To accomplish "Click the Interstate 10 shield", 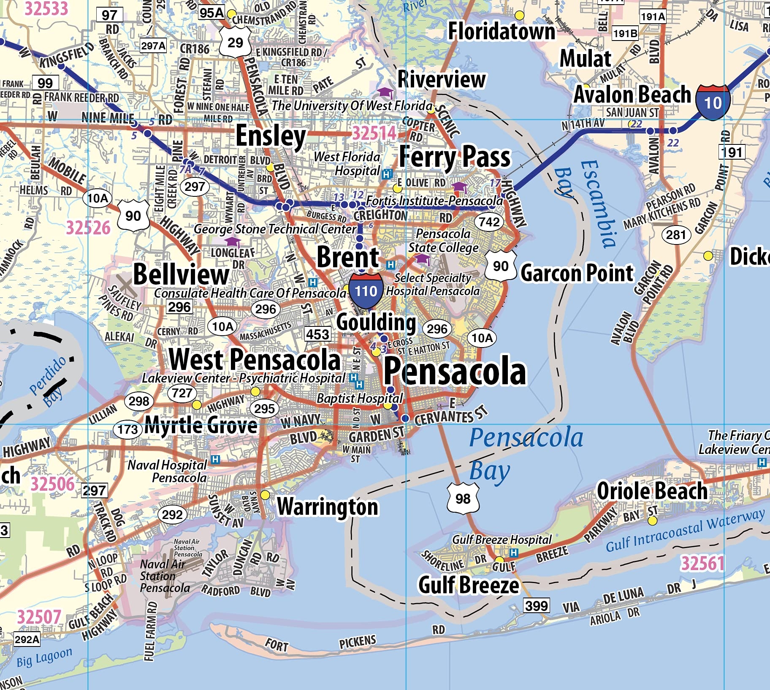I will point(713,102).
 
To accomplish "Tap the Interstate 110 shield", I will point(366,291).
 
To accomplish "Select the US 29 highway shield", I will point(235,42).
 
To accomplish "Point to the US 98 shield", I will point(463,498).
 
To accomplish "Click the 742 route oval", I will point(489,222).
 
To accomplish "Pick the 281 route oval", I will point(676,234).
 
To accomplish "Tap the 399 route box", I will point(537,606).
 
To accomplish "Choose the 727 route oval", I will point(182,393).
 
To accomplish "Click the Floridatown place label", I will point(502,31).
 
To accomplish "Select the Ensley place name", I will point(271,136).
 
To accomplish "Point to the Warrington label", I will point(328,506).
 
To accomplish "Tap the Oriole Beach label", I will point(652,491).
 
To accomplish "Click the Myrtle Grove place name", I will point(201,425).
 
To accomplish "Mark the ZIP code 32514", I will point(374,133).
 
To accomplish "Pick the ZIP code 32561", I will point(702,563).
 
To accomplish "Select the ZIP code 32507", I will point(39,617).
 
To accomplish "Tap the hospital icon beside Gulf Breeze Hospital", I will point(514,552).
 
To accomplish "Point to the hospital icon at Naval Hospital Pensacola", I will point(215,459).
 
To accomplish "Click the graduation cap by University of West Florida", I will point(385,92).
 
